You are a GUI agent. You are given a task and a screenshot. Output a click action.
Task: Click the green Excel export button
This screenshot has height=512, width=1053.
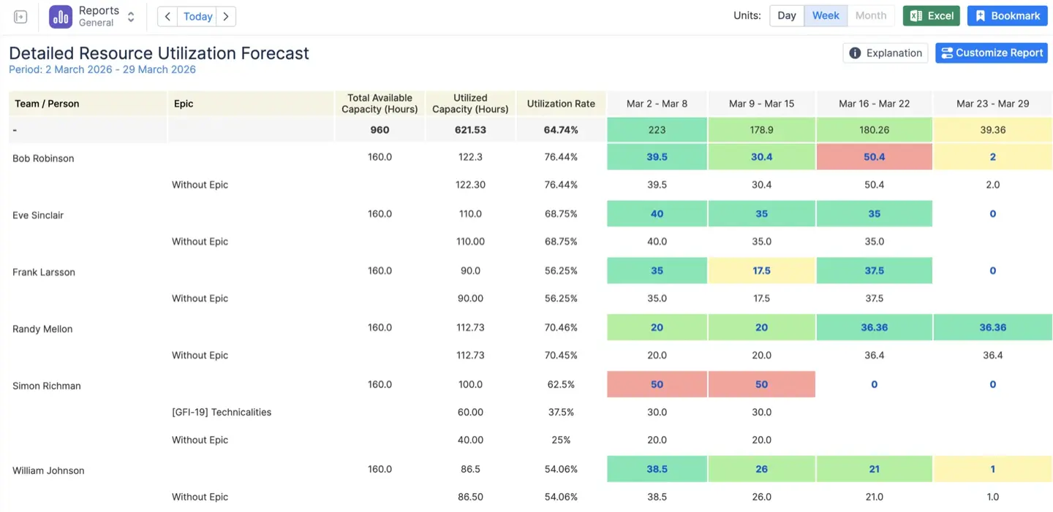point(931,16)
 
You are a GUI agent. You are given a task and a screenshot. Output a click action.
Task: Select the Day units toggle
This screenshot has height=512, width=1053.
point(787,16)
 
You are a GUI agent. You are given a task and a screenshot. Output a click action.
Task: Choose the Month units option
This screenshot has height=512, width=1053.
point(870,16)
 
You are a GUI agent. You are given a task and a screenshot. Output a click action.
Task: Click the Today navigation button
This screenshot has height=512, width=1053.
point(197,16)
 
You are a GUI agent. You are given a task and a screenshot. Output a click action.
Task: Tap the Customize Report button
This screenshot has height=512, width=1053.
point(991,53)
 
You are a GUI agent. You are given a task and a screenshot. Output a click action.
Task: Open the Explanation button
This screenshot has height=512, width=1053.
point(886,53)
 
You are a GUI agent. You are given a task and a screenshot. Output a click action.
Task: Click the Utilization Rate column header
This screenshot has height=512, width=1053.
point(561,104)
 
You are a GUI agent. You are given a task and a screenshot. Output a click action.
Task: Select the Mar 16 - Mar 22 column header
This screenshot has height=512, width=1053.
point(874,104)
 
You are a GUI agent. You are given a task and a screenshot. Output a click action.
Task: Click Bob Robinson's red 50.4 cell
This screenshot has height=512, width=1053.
point(874,157)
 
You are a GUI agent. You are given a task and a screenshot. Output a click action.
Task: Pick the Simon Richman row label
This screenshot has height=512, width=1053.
point(47,386)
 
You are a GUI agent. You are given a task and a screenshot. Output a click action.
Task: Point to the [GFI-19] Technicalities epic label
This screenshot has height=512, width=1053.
point(222,412)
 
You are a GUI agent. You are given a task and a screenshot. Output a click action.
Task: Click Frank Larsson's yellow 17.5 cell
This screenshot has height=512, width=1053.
point(761,270)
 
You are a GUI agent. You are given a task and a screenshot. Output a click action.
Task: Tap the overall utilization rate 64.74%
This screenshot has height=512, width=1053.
point(561,130)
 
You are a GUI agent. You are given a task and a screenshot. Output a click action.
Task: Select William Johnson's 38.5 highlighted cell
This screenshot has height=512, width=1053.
point(657,469)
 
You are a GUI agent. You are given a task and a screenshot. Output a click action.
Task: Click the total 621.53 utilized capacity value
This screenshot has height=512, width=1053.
point(470,130)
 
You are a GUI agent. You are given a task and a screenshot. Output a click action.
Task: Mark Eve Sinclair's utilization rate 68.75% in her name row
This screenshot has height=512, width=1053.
point(561,214)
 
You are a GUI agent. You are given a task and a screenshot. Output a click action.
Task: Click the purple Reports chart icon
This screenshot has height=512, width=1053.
point(61,16)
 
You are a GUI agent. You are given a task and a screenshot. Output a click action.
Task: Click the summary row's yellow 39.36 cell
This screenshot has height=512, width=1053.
point(992,130)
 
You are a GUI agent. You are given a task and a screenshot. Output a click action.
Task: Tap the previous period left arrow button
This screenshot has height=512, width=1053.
point(167,16)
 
